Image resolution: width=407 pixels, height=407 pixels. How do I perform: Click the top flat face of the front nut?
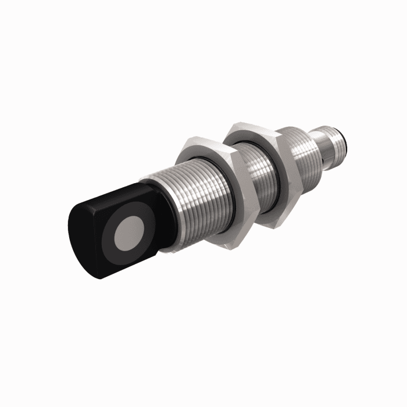pos(201,142)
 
